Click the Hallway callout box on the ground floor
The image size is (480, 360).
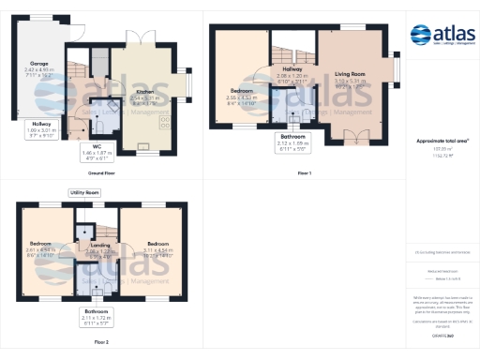[x=42, y=129]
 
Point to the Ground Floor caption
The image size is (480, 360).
[x=101, y=173]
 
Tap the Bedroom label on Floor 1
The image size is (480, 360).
[x=242, y=94]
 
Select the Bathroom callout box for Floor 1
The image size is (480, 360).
[x=292, y=142]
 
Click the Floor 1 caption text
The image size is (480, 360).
[x=304, y=173]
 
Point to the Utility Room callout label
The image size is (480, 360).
[x=85, y=192]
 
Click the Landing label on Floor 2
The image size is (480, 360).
[x=98, y=248]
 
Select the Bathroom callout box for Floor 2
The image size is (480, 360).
[x=97, y=315]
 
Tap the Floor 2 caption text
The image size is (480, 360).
[x=100, y=343]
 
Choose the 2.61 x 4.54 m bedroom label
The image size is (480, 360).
[x=44, y=247]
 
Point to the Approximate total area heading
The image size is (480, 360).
[x=442, y=141]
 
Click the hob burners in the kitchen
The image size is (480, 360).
[x=166, y=122]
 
